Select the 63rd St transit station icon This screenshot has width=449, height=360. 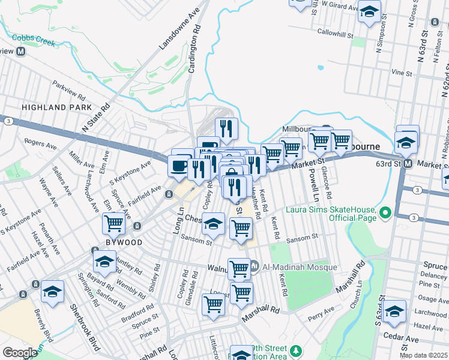(408, 163)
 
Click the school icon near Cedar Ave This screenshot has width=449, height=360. (395, 311)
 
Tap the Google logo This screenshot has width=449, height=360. (20, 353)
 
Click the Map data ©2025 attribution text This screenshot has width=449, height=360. (423, 355)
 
